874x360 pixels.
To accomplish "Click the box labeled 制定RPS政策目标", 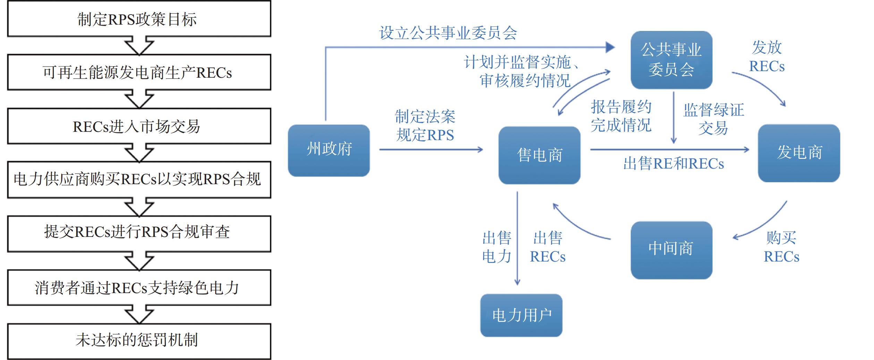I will tap(139, 19).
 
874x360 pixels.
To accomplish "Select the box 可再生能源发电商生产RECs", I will tap(139, 72).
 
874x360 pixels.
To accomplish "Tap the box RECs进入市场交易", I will tap(139, 126).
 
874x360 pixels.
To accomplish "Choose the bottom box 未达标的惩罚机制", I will tap(139, 341).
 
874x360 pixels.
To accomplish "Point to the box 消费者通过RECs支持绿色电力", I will tap(139, 288).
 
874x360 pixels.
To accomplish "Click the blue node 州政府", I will tap(329, 150).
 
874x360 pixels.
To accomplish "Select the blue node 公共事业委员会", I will tap(671, 60).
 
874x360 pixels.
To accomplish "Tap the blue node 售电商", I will tap(539, 155).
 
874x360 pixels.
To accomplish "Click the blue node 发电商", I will tap(799, 153).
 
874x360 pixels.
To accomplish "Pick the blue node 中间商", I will tap(671, 250).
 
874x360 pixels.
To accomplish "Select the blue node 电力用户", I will tap(521, 315).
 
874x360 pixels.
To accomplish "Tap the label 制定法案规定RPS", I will tap(425, 126).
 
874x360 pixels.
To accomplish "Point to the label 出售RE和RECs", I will tap(673, 164).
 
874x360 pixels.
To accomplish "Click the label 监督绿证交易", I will tap(713, 119).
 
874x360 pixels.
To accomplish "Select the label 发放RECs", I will tap(767, 57).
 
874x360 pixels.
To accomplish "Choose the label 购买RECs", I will tap(781, 247).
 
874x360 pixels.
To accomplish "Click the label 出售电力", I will tap(497, 247).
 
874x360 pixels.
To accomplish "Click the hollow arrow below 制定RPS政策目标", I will tap(139, 46).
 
